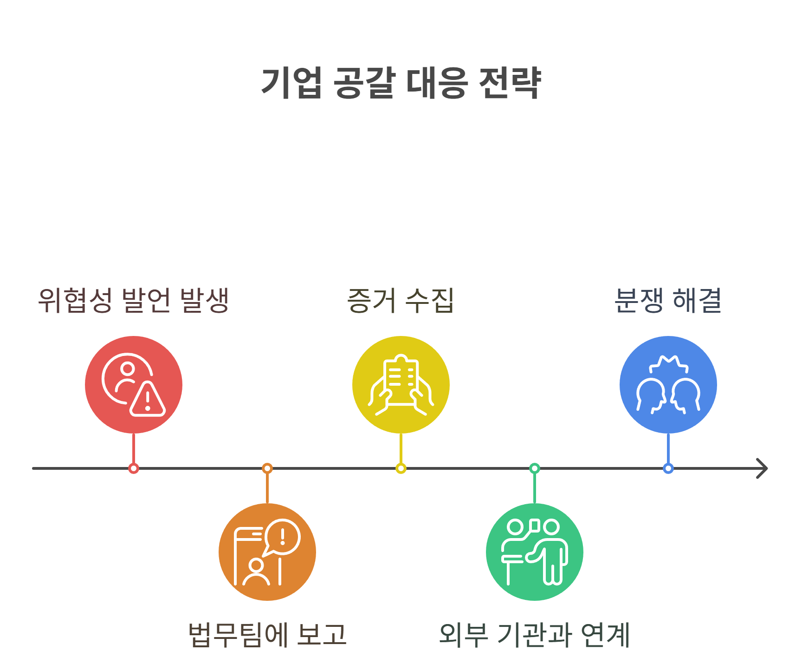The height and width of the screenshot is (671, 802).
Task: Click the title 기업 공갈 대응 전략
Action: pyautogui.click(x=401, y=83)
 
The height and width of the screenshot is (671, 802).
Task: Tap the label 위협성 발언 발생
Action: pyautogui.click(x=134, y=301)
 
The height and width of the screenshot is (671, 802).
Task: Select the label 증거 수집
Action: pyautogui.click(x=401, y=301)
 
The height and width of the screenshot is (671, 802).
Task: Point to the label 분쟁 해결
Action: pyautogui.click(x=668, y=301)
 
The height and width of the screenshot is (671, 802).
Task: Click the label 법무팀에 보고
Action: pyautogui.click(x=267, y=635)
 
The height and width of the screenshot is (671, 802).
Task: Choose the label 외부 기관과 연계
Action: pyautogui.click(x=535, y=635)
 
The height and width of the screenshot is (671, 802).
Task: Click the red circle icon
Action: pyautogui.click(x=134, y=385)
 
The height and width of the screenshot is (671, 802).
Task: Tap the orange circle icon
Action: pyautogui.click(x=267, y=552)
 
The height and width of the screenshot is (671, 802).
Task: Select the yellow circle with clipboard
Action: pyautogui.click(x=401, y=385)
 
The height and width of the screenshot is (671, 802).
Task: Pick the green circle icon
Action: pyautogui.click(x=535, y=552)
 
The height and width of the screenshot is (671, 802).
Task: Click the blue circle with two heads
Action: pyautogui.click(x=668, y=385)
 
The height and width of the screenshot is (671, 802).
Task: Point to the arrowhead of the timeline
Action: pyautogui.click(x=763, y=468)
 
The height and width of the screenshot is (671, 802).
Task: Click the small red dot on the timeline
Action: pyautogui.click(x=134, y=468)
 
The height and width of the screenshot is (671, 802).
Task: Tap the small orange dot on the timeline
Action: pyautogui.click(x=267, y=468)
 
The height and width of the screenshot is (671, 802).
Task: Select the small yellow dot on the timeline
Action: pyautogui.click(x=401, y=468)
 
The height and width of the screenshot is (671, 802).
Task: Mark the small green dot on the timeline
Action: pyautogui.click(x=535, y=468)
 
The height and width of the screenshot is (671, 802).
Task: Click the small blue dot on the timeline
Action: pyautogui.click(x=668, y=468)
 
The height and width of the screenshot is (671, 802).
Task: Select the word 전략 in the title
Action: pyautogui.click(x=510, y=83)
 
